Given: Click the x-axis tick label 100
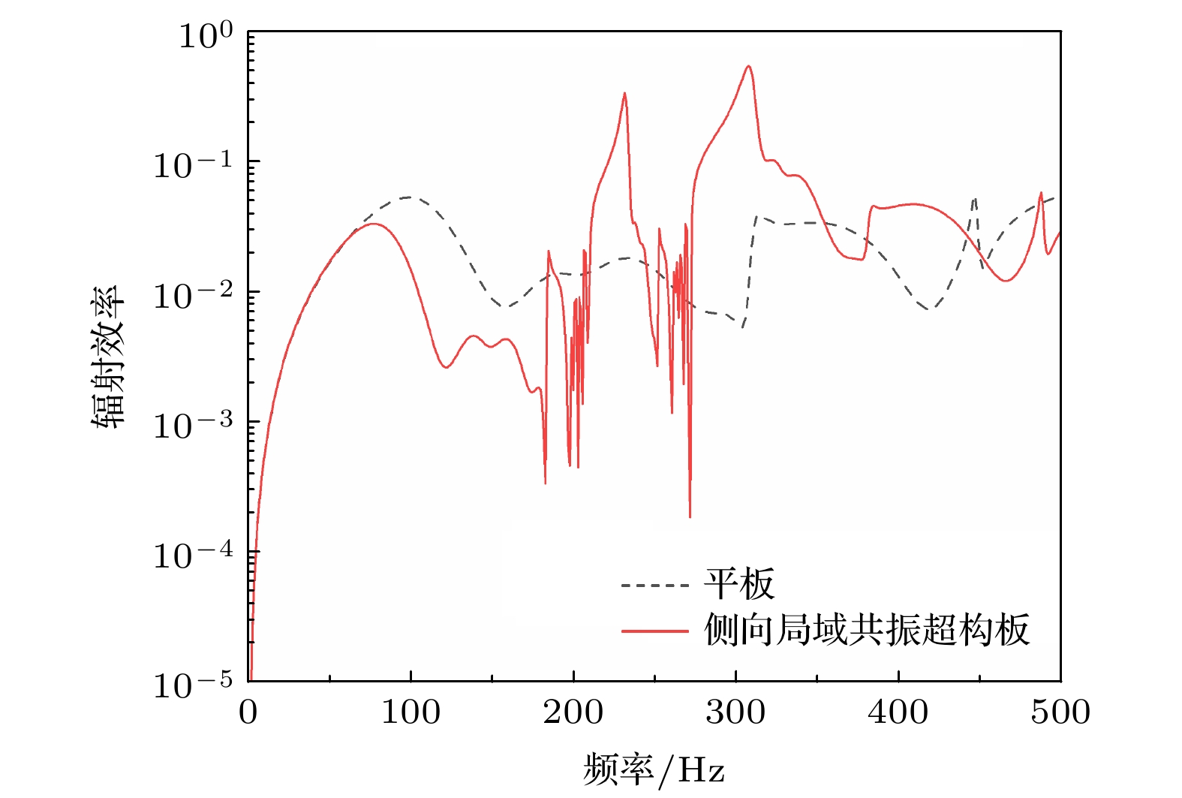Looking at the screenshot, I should (x=411, y=712).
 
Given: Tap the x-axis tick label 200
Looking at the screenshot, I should (x=573, y=712).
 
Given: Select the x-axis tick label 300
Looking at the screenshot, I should (x=735, y=712).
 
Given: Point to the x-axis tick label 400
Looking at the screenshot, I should (x=898, y=712).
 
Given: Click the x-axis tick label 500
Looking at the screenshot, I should (x=1060, y=712).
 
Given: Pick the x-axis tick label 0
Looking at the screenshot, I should (x=248, y=712).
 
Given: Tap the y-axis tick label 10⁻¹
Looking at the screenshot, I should (x=193, y=164).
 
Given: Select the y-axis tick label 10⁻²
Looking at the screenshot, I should (x=193, y=295).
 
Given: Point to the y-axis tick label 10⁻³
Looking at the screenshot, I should (x=193, y=425).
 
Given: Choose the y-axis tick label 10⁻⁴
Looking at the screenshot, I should (x=193, y=555).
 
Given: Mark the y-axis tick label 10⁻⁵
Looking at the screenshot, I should (x=193, y=685).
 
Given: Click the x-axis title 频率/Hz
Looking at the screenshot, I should (x=654, y=769).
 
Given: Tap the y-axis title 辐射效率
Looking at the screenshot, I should (x=106, y=357).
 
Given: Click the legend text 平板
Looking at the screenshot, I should (x=738, y=584).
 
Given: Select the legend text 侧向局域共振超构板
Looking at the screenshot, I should (x=866, y=630).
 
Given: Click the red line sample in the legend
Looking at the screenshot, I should (x=654, y=631).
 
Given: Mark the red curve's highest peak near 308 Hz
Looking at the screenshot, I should (x=748, y=67).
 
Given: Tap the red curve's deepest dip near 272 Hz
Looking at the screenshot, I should (x=690, y=516).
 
